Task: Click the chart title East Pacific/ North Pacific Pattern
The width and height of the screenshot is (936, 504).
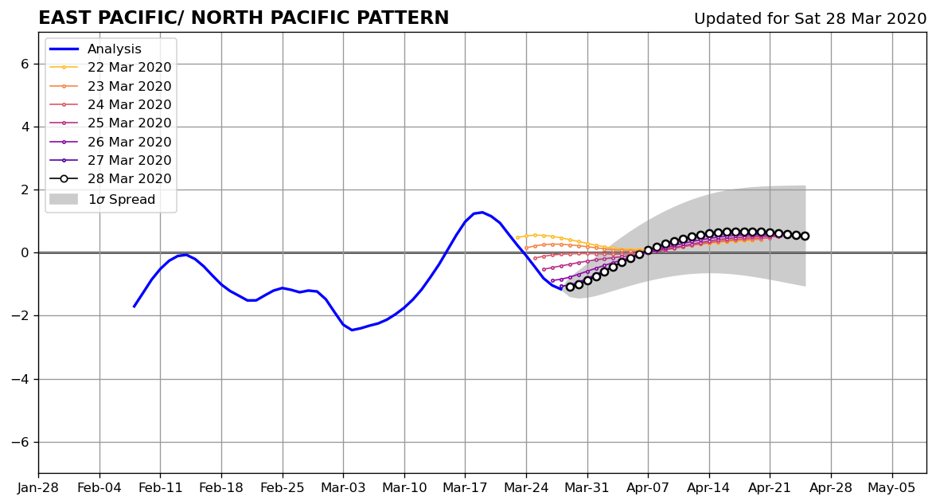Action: pos(244,18)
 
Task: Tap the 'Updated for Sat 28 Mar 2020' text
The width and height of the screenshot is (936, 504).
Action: pos(810,18)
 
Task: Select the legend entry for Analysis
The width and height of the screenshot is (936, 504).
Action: pos(96,49)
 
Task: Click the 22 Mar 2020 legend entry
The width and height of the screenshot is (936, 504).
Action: pos(111,68)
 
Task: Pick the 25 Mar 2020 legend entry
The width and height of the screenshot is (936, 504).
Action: pos(111,123)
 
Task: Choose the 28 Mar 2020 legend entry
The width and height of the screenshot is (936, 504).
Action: pos(111,178)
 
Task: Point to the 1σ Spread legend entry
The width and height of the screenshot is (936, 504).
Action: pos(102,199)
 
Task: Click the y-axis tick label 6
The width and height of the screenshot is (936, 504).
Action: pos(25,64)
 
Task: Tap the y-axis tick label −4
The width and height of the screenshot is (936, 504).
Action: pos(20,379)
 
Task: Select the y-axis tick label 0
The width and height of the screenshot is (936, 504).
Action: pos(25,253)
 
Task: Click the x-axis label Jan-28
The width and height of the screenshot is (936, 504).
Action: pos(38,488)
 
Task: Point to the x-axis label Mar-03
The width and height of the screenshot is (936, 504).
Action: pos(343,488)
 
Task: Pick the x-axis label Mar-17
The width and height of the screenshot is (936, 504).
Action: pos(465,488)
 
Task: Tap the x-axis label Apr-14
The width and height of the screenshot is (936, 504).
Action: pos(709,488)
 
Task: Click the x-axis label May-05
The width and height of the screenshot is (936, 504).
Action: pos(891,488)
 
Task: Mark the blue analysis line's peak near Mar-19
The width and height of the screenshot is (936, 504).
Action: pos(482,212)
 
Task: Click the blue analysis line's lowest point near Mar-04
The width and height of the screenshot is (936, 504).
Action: pos(352,330)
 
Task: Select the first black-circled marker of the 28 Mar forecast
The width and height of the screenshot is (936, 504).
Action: pos(570,287)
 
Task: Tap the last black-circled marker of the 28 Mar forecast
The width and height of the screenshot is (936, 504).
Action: pos(805,236)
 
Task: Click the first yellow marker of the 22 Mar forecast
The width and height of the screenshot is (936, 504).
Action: pos(517,237)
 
